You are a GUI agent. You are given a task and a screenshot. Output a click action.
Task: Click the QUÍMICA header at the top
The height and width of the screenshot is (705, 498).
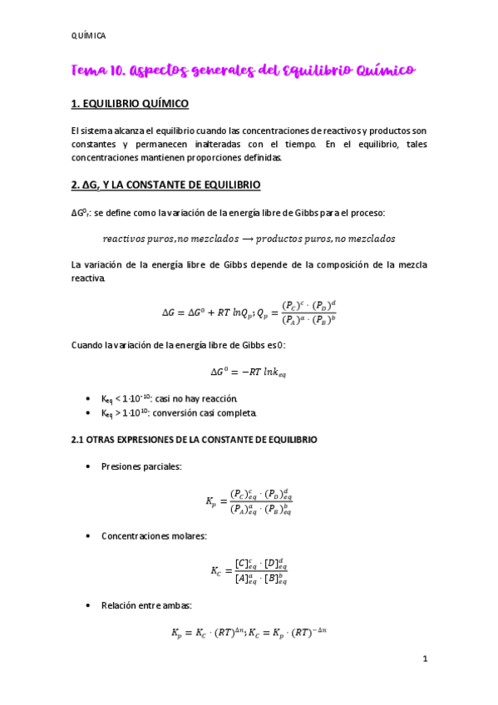pos(88,35)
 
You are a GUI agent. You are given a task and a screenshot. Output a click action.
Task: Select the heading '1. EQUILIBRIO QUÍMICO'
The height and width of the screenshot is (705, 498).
pos(131,104)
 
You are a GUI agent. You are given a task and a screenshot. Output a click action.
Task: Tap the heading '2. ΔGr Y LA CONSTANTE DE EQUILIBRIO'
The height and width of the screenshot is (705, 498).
pos(166,185)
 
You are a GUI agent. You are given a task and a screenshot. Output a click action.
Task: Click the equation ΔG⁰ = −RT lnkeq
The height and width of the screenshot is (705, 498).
pos(249,372)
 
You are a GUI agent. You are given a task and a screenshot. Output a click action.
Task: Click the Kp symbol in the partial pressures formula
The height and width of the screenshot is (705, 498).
pos(210,501)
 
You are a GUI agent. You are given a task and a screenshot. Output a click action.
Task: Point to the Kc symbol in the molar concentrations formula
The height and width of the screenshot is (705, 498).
pos(216,570)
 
